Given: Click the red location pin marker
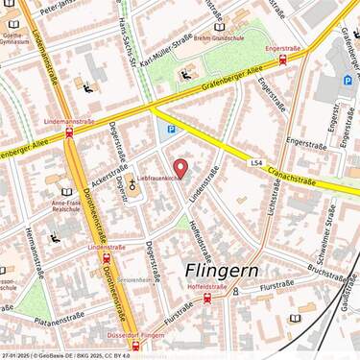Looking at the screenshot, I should point(180,170).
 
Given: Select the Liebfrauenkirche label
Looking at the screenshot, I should point(159,179).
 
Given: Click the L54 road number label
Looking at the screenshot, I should point(255,163).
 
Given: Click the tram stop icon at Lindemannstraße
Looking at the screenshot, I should point(70,133).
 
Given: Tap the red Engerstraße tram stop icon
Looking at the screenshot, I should point(282,59).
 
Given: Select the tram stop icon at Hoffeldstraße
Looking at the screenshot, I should point(208,298).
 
